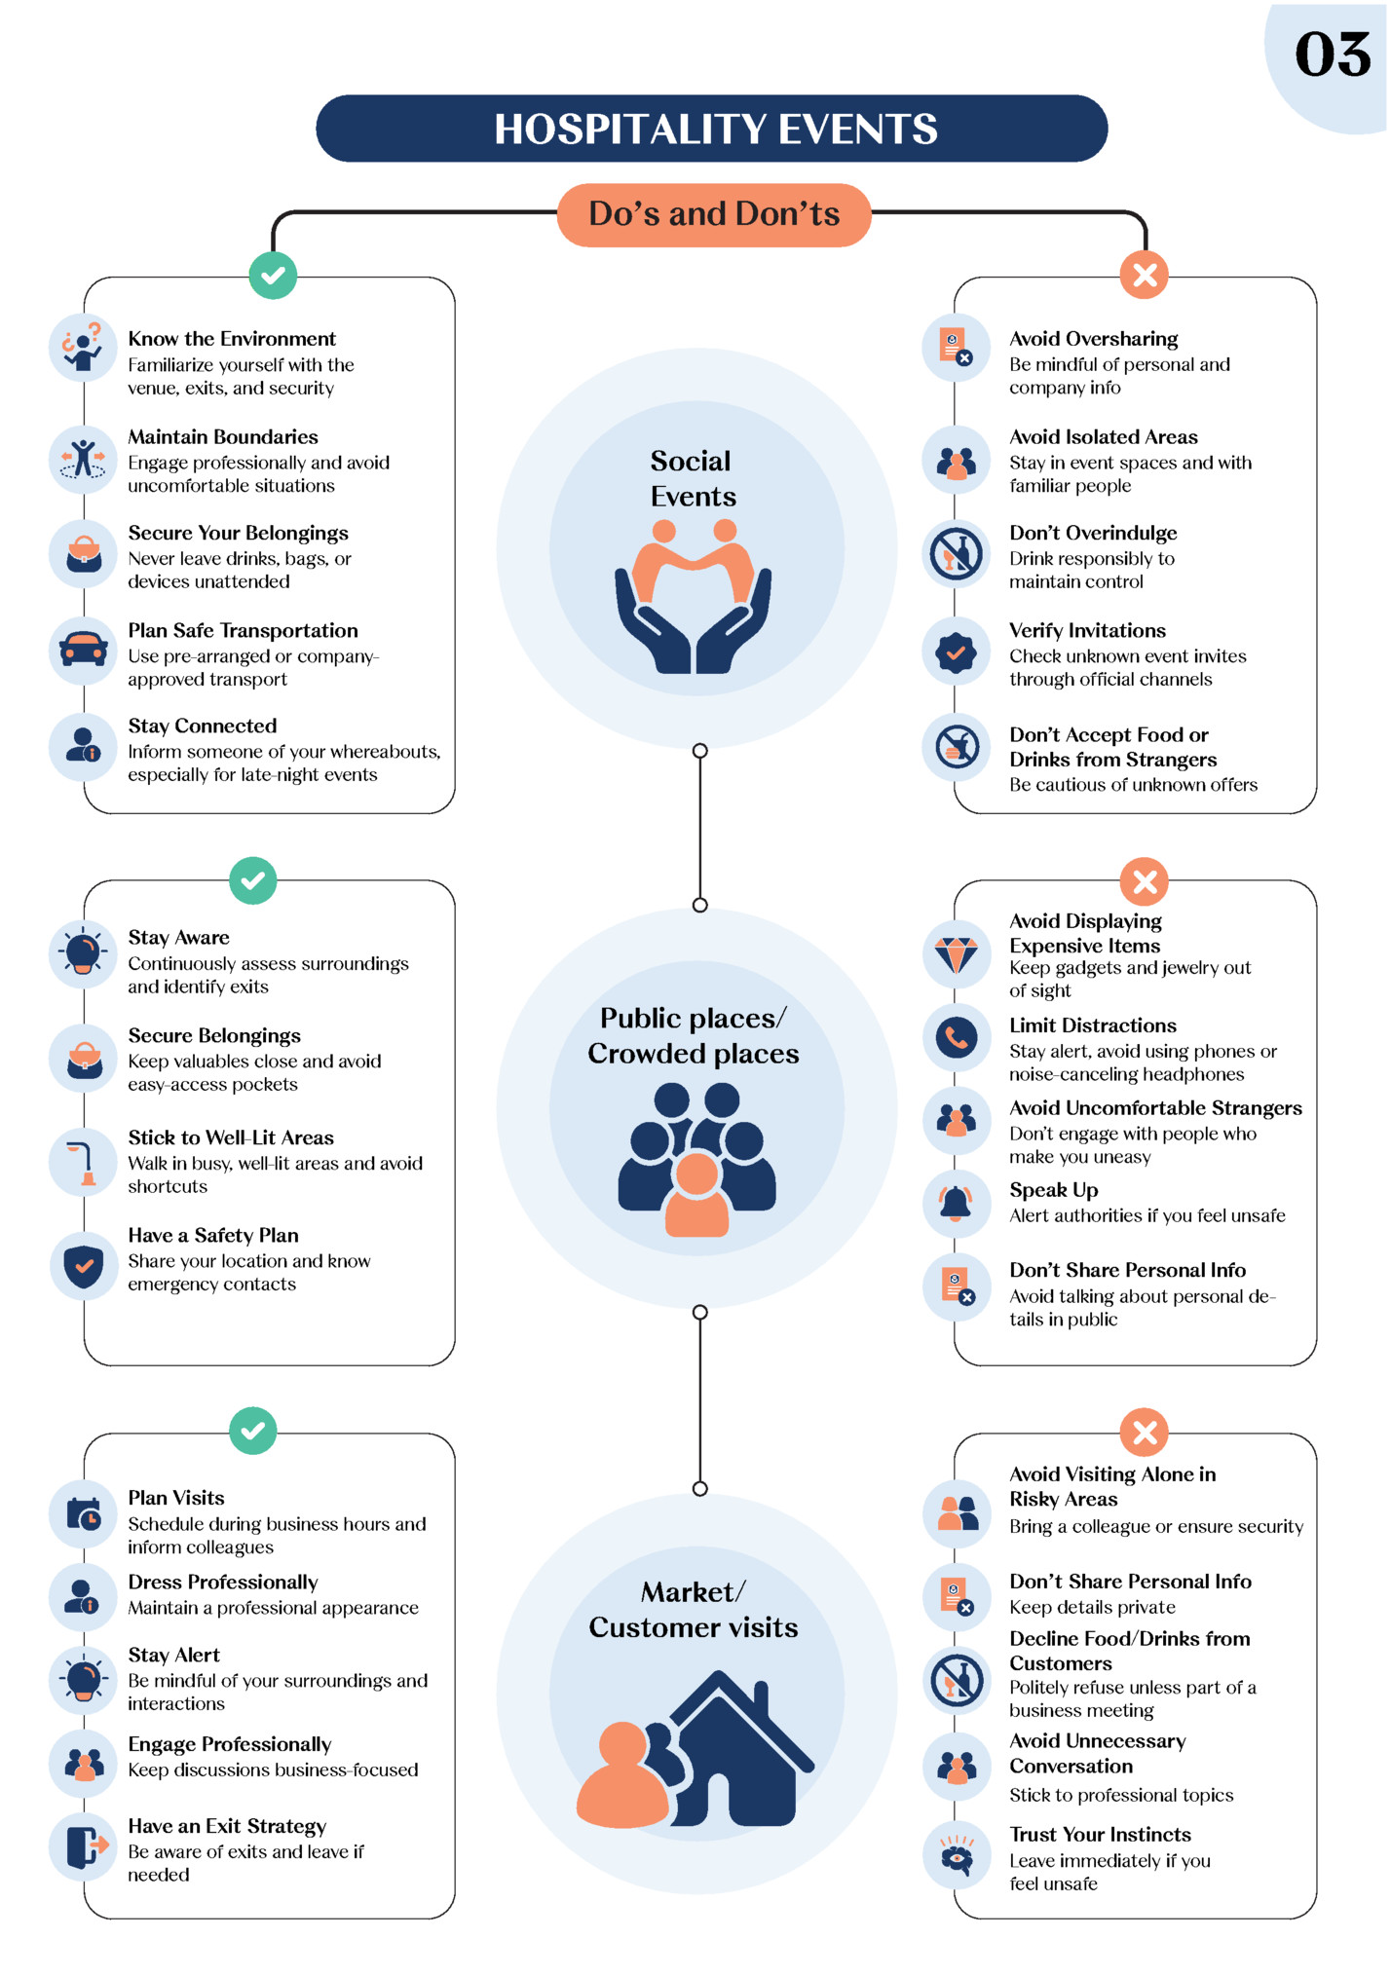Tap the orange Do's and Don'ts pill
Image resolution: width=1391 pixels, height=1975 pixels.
(x=714, y=214)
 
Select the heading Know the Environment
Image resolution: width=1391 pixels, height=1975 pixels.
(x=232, y=339)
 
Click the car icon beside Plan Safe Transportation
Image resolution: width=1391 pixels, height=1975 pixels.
(x=84, y=650)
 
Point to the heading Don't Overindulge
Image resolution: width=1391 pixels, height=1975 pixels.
(x=1093, y=533)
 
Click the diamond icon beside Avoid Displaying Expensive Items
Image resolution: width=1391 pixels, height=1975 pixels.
(x=957, y=954)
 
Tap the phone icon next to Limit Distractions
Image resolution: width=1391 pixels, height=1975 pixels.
(x=957, y=1038)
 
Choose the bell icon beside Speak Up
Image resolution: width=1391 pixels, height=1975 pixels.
(x=957, y=1204)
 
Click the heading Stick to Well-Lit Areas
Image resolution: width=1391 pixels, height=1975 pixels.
(x=231, y=1137)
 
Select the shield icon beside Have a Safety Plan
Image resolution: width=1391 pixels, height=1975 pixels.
(x=84, y=1266)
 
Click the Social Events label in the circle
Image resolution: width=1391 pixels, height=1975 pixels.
(x=693, y=478)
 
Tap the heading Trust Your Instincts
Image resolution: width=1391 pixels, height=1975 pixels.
(x=1100, y=1835)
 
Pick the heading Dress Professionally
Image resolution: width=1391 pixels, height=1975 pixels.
(x=223, y=1582)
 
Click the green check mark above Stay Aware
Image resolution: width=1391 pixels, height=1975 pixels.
(x=253, y=881)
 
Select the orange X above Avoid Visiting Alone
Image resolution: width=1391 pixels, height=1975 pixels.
(x=1145, y=1433)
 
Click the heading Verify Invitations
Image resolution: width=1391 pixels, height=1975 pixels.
(x=1087, y=630)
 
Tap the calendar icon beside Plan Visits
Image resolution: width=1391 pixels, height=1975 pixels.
(x=84, y=1514)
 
